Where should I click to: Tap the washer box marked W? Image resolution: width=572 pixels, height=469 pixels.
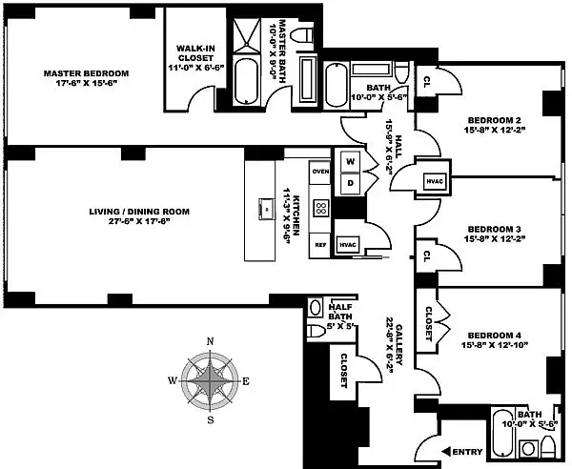[350, 160]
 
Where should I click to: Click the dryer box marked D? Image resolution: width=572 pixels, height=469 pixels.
[350, 181]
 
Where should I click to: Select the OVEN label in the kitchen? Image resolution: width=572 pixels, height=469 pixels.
[320, 172]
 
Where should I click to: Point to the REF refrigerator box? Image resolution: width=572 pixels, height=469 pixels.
[320, 244]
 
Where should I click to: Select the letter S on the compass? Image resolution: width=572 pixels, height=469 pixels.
[210, 418]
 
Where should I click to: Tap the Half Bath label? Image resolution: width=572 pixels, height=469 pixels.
[340, 317]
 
